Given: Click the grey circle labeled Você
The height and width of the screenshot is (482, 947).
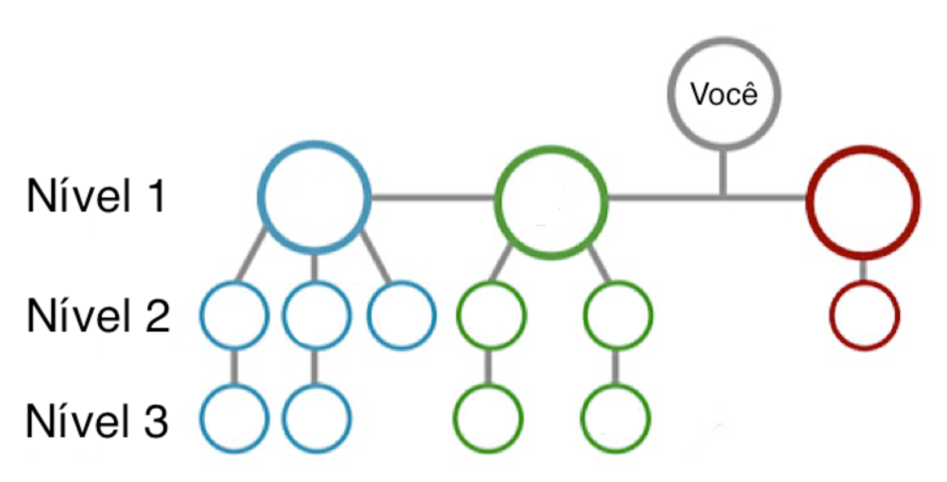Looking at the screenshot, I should tap(723, 94).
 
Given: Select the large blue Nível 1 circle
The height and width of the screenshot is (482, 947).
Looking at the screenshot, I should tap(314, 197).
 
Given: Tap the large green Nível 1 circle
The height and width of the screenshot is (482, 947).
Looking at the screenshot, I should tap(551, 202).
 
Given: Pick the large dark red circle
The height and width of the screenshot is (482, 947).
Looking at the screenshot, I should tap(863, 202).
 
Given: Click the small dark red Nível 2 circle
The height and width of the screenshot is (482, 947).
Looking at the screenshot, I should tap(864, 316).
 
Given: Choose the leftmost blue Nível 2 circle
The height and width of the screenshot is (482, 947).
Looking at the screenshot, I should tap(234, 315).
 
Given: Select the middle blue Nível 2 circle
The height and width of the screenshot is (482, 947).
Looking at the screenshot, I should tap(316, 315).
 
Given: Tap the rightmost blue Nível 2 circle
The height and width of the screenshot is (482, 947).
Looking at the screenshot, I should tap(401, 315).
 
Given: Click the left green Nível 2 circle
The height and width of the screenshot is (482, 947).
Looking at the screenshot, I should tap(491, 315).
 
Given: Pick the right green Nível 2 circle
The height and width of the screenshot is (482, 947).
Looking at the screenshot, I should tap(618, 315).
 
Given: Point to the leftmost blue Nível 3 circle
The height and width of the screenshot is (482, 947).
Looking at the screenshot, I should tap(234, 419).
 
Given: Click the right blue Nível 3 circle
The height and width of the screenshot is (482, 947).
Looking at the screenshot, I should tap(316, 419).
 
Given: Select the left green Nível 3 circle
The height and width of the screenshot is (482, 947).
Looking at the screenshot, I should tap(488, 419).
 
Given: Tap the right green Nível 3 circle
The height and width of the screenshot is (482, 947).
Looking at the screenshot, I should tap(615, 419).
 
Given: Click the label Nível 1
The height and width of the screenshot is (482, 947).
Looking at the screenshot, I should tap(96, 196).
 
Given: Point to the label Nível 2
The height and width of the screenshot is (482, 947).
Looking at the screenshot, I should tap(98, 315).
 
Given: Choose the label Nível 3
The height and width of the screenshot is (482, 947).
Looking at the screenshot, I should tap(97, 421).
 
